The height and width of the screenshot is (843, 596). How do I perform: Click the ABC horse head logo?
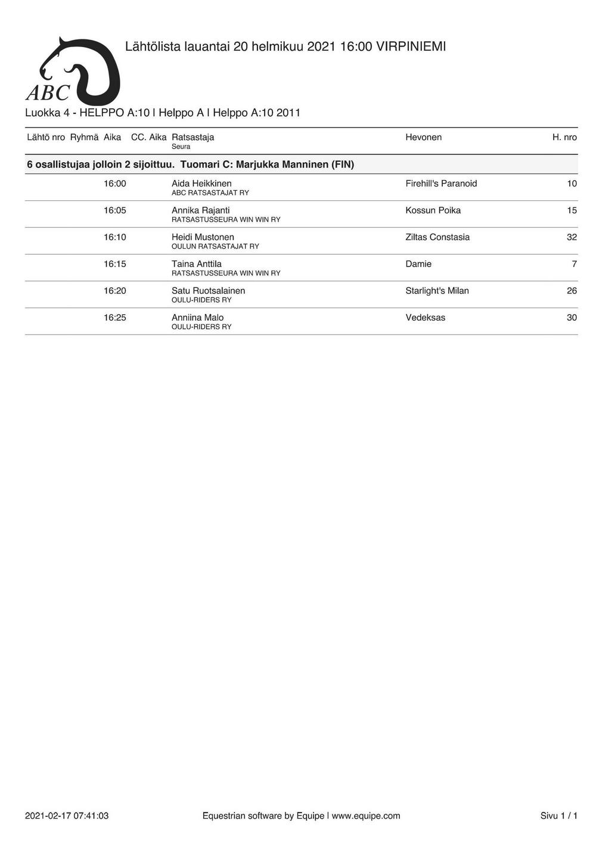click(x=73, y=72)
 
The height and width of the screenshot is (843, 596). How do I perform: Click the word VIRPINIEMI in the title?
click(x=411, y=47)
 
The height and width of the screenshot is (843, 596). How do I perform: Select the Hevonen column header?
click(x=423, y=137)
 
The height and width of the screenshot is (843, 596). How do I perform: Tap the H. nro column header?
click(x=564, y=137)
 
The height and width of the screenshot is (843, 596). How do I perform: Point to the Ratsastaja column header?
click(x=193, y=137)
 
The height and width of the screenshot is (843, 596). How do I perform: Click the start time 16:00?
click(x=115, y=184)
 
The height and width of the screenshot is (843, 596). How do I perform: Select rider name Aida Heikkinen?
click(x=201, y=184)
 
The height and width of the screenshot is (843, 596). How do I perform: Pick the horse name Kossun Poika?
click(x=433, y=210)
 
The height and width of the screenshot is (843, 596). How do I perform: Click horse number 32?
click(x=572, y=237)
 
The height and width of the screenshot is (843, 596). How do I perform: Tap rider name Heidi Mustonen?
click(x=203, y=237)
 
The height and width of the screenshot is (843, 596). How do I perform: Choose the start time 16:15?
click(x=115, y=264)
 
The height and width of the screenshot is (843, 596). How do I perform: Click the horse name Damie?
click(x=418, y=264)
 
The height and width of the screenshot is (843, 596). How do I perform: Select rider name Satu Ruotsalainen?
click(x=208, y=291)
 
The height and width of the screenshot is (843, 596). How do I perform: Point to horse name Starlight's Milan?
click(x=437, y=291)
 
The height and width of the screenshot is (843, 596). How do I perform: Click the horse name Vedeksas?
click(x=425, y=318)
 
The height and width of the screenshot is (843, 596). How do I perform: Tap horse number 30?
click(x=572, y=318)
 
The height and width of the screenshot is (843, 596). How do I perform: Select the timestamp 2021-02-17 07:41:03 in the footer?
click(x=67, y=816)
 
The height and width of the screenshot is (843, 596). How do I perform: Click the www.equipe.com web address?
click(x=365, y=816)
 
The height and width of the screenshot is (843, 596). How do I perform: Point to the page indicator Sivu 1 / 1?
click(x=558, y=816)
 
